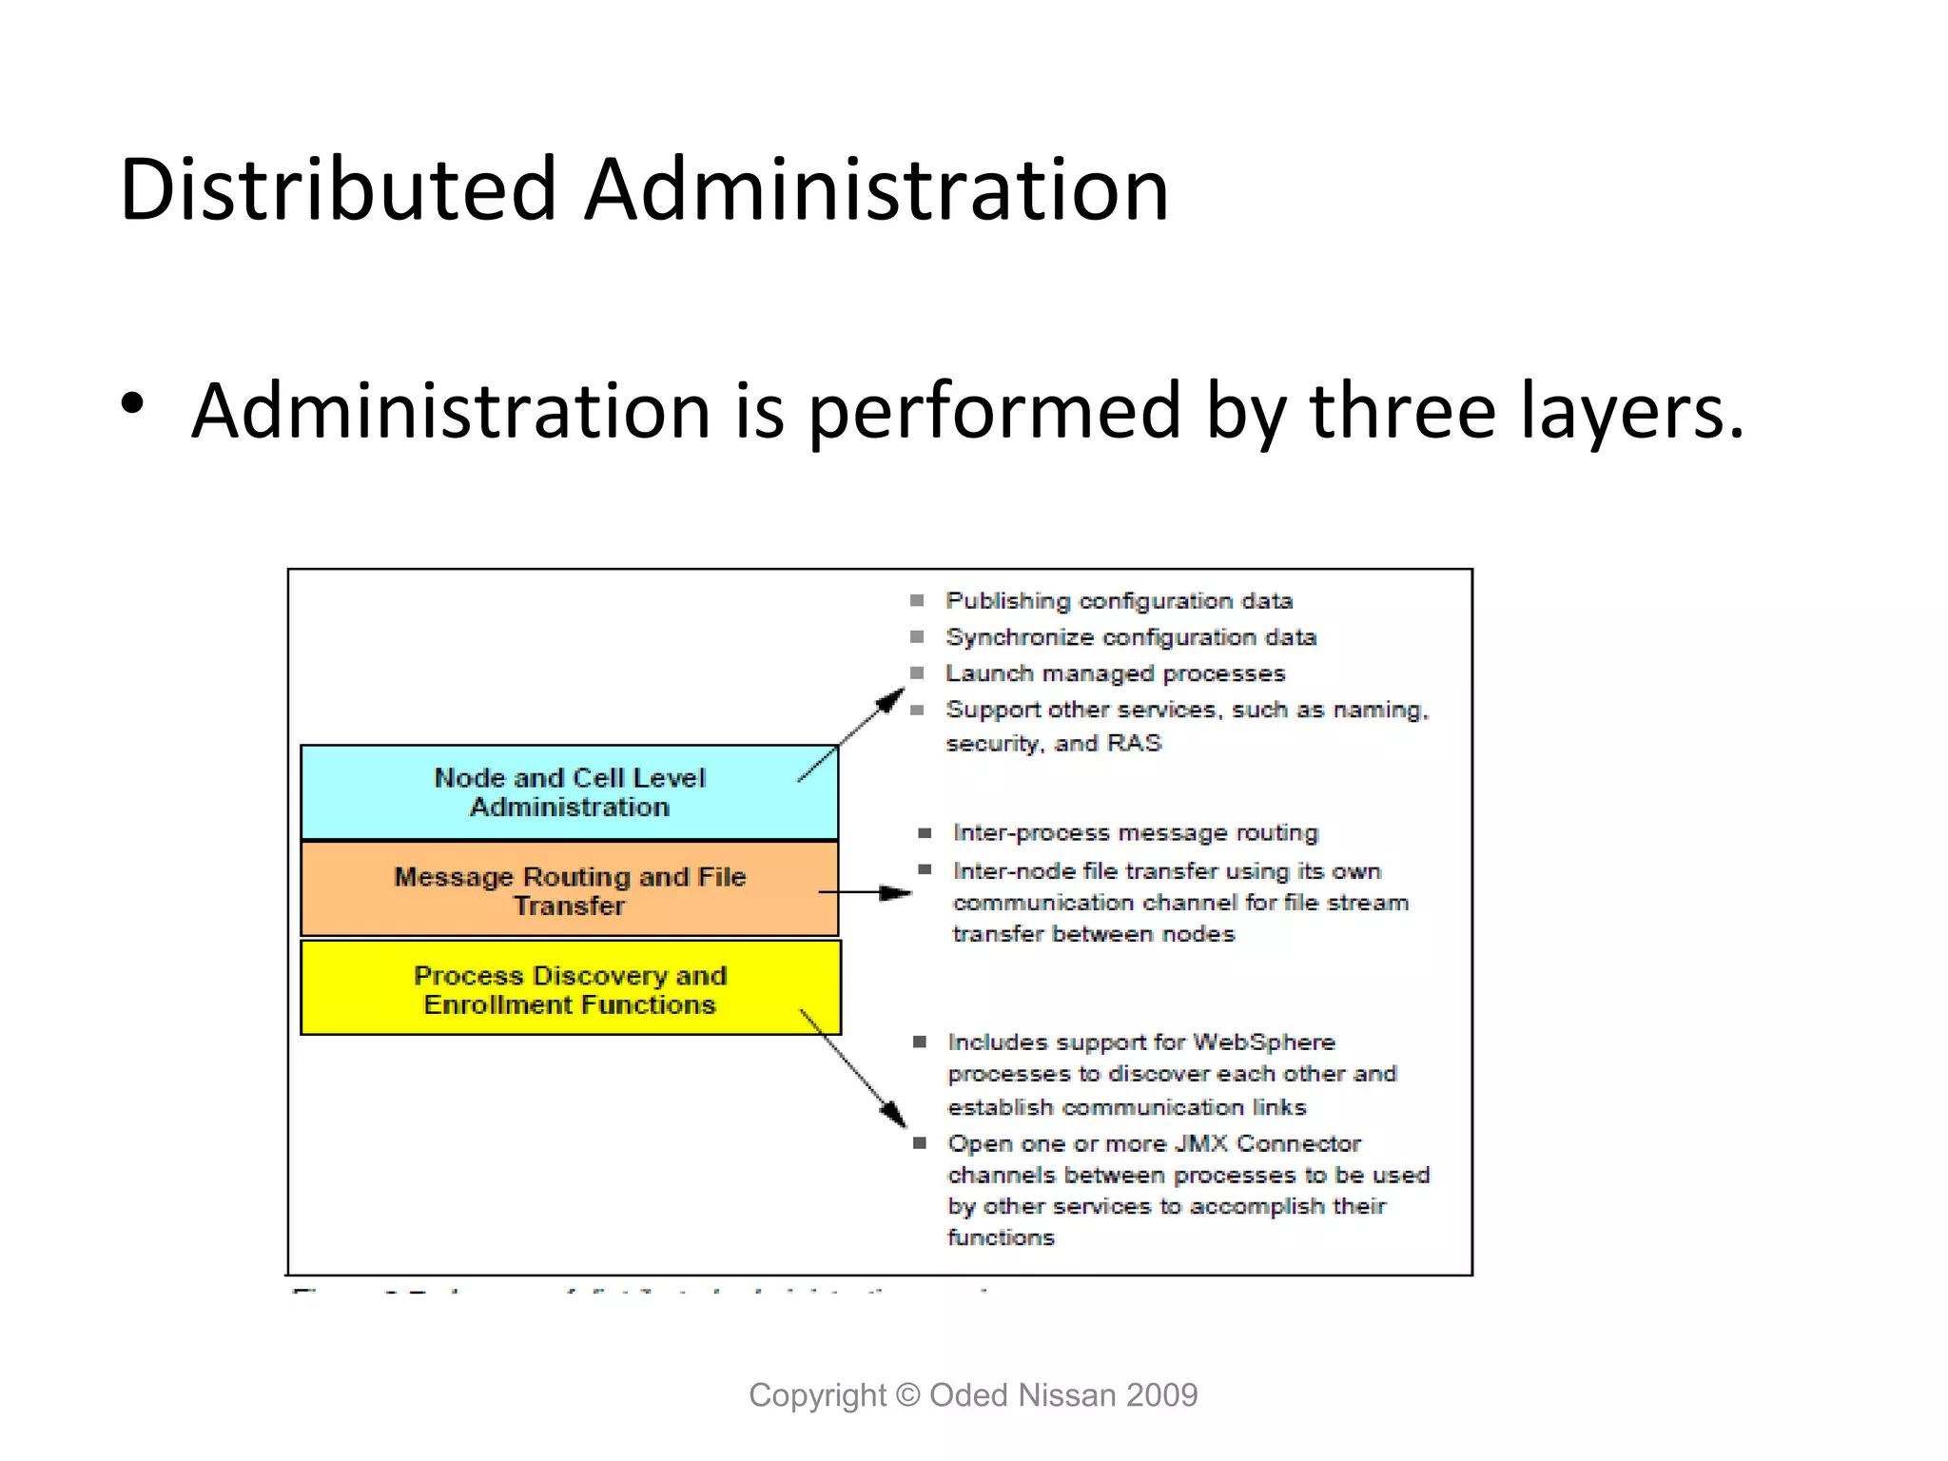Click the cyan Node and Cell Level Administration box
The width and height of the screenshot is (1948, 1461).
pyautogui.click(x=569, y=792)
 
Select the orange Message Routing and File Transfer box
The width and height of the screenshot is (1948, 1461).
pyautogui.click(x=569, y=890)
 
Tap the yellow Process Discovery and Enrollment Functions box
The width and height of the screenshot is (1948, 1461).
pyautogui.click(x=569, y=989)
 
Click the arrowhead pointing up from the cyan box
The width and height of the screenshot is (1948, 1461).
pyautogui.click(x=891, y=700)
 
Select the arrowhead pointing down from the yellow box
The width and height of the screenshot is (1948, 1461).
pyautogui.click(x=895, y=1114)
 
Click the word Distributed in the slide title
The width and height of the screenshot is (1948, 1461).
pyautogui.click(x=338, y=189)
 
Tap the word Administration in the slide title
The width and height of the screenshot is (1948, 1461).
pyautogui.click(x=876, y=189)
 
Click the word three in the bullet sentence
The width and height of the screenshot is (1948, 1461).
pyautogui.click(x=1403, y=411)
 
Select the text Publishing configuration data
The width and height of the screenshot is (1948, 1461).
pyautogui.click(x=1119, y=601)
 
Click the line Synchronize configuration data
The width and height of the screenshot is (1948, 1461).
pyautogui.click(x=1130, y=637)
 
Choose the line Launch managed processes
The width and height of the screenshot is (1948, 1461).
pyautogui.click(x=1115, y=673)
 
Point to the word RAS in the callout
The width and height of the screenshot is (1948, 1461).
pyautogui.click(x=1134, y=743)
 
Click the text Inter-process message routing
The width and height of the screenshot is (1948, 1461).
pyautogui.click(x=1136, y=833)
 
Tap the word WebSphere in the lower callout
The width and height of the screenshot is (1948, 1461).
pyautogui.click(x=1264, y=1042)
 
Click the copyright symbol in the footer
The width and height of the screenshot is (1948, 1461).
pyautogui.click(x=908, y=1395)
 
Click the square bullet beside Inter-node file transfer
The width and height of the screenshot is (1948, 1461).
pyautogui.click(x=924, y=869)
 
